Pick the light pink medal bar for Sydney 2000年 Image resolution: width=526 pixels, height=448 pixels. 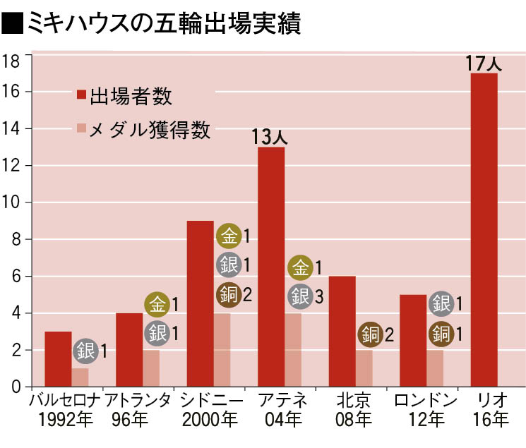[222, 350]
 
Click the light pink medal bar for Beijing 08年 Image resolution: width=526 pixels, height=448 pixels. [364, 368]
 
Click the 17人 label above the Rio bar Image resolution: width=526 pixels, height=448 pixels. [484, 62]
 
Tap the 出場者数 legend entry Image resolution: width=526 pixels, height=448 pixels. [124, 95]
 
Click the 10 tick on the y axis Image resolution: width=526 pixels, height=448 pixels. [11, 203]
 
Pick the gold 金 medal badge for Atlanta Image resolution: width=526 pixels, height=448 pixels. [157, 305]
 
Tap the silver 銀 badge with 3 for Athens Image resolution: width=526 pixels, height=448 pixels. [299, 296]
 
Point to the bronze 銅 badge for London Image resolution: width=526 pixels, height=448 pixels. [442, 333]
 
